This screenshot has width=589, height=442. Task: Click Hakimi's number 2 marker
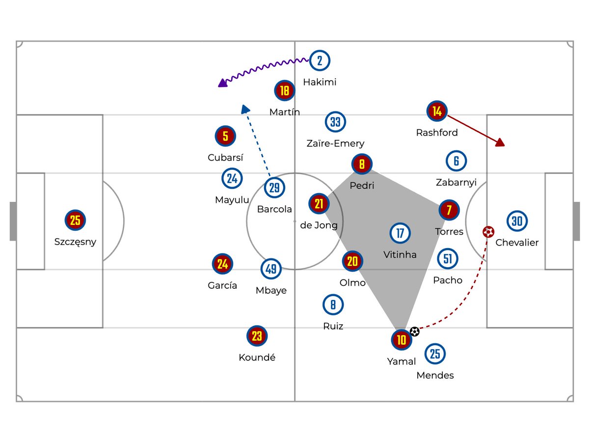(x=320, y=61)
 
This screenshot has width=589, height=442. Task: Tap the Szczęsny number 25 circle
(x=75, y=221)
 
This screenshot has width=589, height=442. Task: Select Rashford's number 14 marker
(x=437, y=111)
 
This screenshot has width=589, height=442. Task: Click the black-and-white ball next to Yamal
(x=415, y=331)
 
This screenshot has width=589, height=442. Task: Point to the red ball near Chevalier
(x=488, y=232)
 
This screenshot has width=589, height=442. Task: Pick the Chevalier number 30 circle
(x=517, y=221)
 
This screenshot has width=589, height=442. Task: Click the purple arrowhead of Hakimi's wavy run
(x=222, y=83)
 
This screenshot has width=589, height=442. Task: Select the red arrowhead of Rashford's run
(x=500, y=142)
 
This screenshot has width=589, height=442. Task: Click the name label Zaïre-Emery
(x=335, y=143)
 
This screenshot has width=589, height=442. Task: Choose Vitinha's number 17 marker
(x=400, y=233)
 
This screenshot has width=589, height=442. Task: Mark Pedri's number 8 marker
(x=362, y=165)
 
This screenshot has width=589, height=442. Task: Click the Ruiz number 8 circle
(x=333, y=305)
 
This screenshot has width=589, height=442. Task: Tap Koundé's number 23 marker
(x=257, y=336)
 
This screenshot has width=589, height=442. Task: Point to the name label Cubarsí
(x=225, y=158)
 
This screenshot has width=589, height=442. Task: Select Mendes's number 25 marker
(x=435, y=354)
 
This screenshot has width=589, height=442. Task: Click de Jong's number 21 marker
(x=319, y=204)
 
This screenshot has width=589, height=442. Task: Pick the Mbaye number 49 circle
(x=271, y=269)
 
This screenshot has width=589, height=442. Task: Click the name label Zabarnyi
(x=456, y=182)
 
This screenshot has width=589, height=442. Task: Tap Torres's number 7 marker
(x=449, y=210)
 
